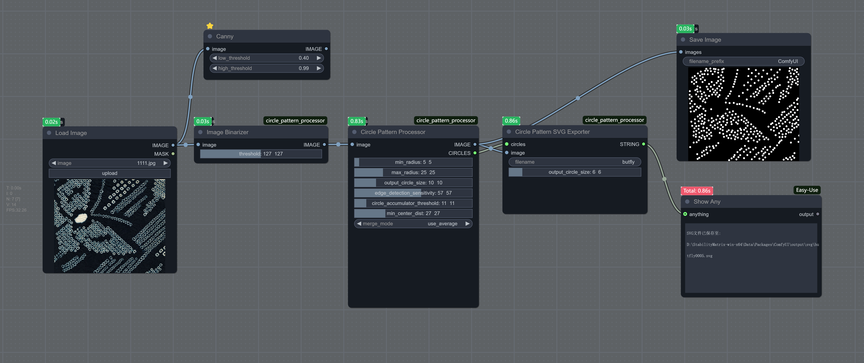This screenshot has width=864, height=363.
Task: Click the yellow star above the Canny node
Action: [x=210, y=26]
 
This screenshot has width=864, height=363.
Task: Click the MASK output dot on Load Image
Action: [x=173, y=154]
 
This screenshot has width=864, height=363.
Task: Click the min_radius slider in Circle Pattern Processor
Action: [x=413, y=162]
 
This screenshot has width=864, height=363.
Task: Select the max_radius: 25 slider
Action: [x=413, y=172]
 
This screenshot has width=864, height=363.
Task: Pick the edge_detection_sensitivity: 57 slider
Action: [x=413, y=193]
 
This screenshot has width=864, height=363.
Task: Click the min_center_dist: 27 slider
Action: [x=413, y=213]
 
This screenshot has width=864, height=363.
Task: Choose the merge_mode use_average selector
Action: [x=413, y=224]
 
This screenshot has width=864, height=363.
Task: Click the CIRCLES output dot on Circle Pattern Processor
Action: [x=475, y=153]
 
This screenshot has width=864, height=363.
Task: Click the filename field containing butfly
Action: [x=575, y=162]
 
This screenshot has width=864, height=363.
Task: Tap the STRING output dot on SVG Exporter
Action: [x=643, y=144]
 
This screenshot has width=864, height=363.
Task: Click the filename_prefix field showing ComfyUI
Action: [x=744, y=61]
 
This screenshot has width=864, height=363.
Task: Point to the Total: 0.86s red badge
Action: [x=697, y=191]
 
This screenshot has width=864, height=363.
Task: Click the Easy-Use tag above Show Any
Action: [x=807, y=190]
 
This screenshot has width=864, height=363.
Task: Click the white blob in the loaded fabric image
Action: [x=81, y=218]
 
